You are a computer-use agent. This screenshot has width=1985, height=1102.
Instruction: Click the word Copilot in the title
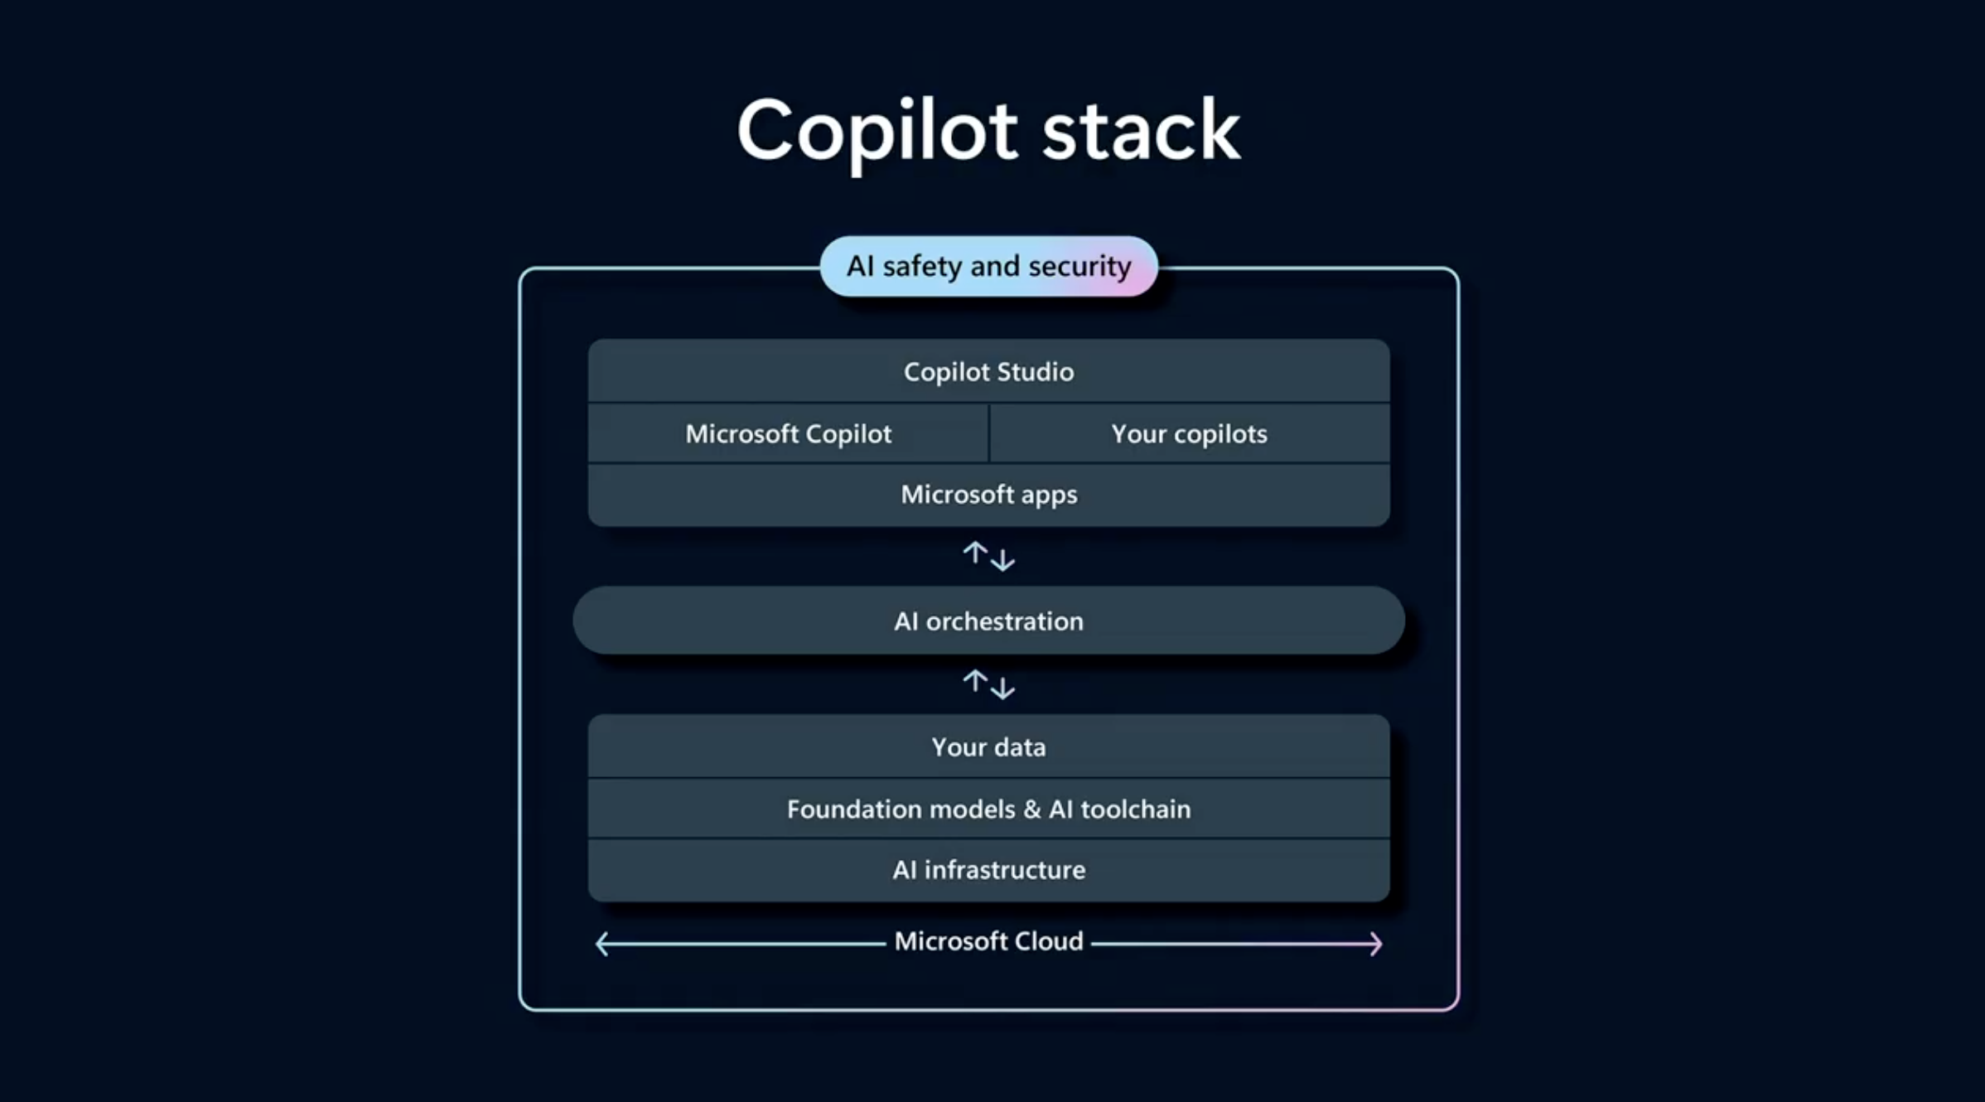click(877, 131)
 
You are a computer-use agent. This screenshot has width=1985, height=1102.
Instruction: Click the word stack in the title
click(1141, 131)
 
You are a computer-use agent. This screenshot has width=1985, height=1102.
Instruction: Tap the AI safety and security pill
click(988, 267)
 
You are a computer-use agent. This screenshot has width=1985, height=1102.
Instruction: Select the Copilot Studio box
click(988, 372)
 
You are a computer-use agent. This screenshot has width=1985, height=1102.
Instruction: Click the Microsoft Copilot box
click(788, 434)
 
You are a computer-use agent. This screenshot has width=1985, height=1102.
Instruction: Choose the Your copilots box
click(1189, 434)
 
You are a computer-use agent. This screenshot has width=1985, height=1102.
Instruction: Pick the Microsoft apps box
click(988, 495)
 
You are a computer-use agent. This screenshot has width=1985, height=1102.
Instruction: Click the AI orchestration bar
click(988, 621)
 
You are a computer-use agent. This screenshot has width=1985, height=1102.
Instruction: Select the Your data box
click(988, 747)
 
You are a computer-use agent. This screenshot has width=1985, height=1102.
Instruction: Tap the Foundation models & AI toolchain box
click(988, 809)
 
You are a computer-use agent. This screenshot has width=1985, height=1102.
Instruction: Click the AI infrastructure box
click(988, 870)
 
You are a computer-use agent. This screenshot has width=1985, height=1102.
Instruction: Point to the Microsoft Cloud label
click(988, 942)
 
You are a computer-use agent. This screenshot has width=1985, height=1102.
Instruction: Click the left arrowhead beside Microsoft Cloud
click(602, 944)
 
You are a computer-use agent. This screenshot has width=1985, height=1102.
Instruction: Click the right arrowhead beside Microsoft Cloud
click(1376, 944)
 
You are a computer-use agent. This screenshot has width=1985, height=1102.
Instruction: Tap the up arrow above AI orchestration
click(975, 553)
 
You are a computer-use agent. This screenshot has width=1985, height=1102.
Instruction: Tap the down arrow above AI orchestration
click(1002, 560)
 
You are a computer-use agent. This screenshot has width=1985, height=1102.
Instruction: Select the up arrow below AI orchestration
click(975, 680)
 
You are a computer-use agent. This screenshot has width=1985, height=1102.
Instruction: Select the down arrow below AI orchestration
click(1002, 688)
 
